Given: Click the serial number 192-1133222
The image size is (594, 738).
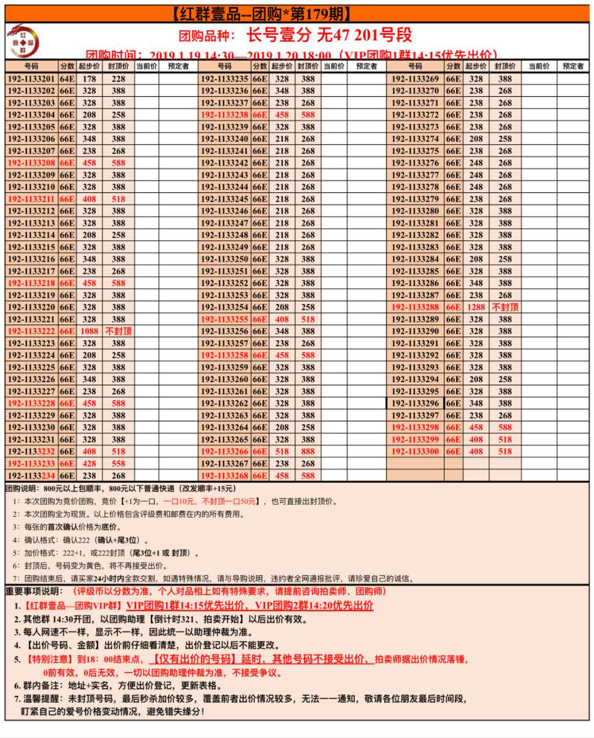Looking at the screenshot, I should (31, 331).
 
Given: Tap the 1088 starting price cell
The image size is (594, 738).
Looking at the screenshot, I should (89, 331).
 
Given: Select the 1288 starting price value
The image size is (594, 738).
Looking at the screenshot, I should (476, 307).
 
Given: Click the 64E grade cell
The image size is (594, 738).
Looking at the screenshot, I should (67, 79).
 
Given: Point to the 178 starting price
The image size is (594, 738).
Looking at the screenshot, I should (89, 79).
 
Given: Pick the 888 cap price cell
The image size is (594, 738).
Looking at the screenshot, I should (308, 451).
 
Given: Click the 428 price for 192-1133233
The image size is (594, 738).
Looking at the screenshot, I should (89, 464).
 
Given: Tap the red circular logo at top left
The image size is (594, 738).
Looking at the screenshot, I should (23, 41).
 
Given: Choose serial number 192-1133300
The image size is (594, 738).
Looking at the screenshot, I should (415, 451).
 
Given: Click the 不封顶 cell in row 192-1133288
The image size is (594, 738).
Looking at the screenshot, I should (505, 307).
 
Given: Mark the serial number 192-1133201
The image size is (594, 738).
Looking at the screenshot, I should (31, 79).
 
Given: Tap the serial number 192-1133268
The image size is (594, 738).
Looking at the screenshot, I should (224, 476).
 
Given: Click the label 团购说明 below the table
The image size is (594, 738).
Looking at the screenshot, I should (22, 488).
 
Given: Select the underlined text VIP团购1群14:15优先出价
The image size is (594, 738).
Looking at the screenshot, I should (186, 605).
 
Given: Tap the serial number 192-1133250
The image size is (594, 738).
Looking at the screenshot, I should (224, 259).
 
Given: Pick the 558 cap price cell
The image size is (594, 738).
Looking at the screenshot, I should (118, 464).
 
